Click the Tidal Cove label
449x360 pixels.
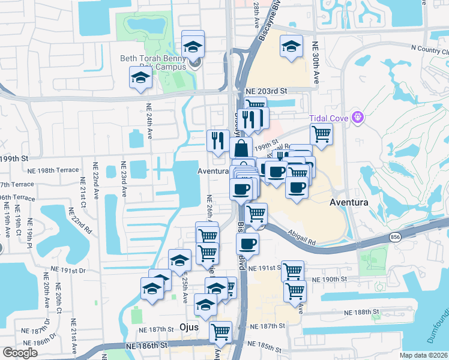point(330,116)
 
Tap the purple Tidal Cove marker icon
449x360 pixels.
point(358,116)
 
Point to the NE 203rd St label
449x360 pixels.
point(267,91)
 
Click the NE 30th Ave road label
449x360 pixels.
point(315,62)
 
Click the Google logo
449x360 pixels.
point(20,353)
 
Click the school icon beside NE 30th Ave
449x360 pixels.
point(291,47)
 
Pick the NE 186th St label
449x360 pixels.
point(146,346)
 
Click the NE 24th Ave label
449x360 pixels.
point(148,120)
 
